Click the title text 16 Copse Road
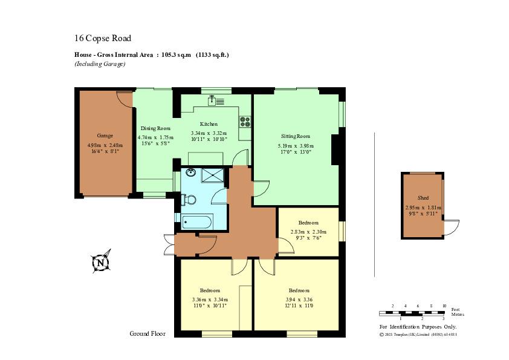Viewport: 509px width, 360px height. click(103, 38)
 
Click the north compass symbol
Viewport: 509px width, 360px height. click(100, 262)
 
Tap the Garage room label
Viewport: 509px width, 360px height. click(105, 136)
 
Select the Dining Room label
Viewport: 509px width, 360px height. click(155, 128)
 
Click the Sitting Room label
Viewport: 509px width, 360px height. click(296, 136)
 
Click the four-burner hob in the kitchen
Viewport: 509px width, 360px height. click(245, 121)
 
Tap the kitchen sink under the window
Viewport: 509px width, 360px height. click(216, 101)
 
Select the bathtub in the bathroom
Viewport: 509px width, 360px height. click(196, 223)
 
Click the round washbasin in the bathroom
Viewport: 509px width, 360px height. click(191, 172)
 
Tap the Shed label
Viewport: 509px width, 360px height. click(423, 198)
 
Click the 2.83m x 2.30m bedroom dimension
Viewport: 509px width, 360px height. click(308, 232)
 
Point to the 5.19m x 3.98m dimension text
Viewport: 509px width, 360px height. click(296, 146)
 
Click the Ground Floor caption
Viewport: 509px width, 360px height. click(148, 333)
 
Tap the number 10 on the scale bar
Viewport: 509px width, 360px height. click(444, 306)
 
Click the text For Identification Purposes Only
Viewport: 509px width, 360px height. click(418, 327)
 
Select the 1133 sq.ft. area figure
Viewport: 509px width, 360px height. click(212, 55)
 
